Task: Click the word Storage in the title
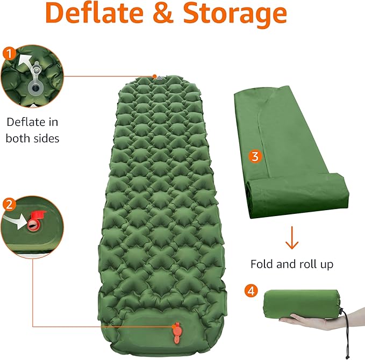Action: click(x=235, y=15)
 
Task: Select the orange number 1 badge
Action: click(x=9, y=53)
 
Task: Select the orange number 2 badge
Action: click(x=9, y=204)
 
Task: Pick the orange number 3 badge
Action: click(x=255, y=156)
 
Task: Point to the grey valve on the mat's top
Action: click(x=160, y=79)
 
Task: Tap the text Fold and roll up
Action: click(x=292, y=264)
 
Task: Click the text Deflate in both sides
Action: click(x=32, y=129)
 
